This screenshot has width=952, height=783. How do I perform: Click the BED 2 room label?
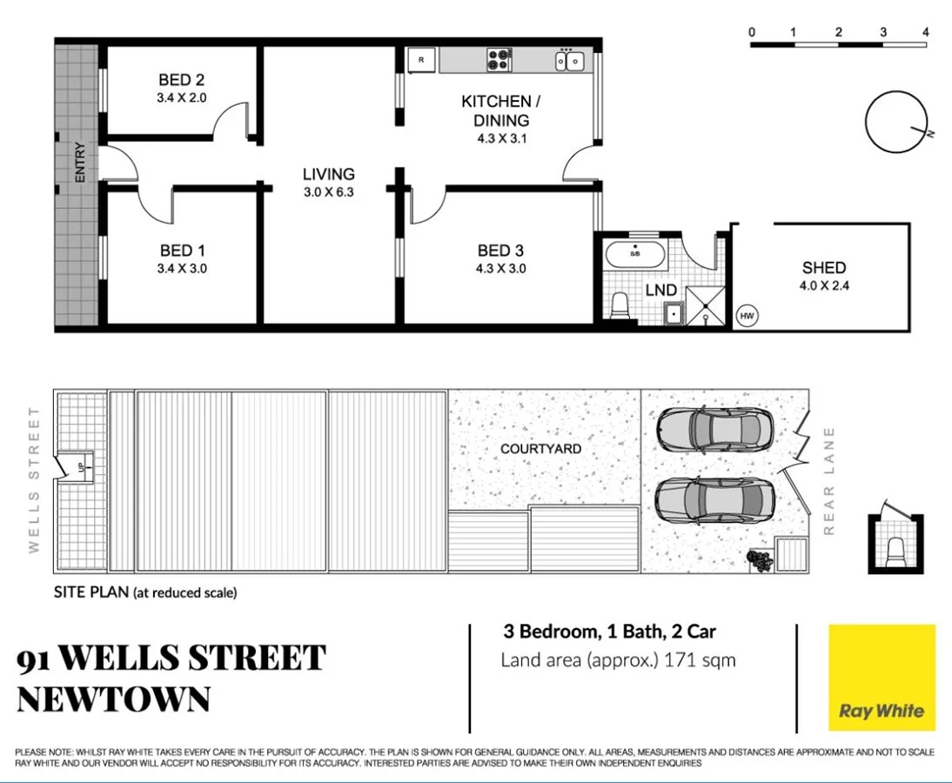click(181, 81)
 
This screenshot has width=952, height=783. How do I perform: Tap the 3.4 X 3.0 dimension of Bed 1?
click(182, 269)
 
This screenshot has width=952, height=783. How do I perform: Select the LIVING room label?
click(328, 174)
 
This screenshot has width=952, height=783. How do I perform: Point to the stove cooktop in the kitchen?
click(499, 60)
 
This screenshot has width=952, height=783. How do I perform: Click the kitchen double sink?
click(570, 60)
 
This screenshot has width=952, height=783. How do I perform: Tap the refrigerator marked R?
click(422, 60)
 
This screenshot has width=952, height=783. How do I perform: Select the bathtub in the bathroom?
click(635, 255)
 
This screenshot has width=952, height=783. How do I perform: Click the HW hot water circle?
click(747, 316)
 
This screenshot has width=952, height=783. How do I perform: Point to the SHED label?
click(823, 268)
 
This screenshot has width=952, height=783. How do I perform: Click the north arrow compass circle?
click(895, 122)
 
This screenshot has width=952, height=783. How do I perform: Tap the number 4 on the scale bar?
click(926, 32)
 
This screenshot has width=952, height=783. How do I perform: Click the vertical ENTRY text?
click(80, 162)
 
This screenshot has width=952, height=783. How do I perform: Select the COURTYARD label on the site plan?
click(540, 449)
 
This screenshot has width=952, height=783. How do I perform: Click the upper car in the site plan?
click(714, 427)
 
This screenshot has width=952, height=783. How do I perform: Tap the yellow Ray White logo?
click(881, 678)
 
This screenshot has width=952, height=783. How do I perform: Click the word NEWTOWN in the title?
click(113, 699)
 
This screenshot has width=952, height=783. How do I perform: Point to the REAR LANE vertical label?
click(828, 479)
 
